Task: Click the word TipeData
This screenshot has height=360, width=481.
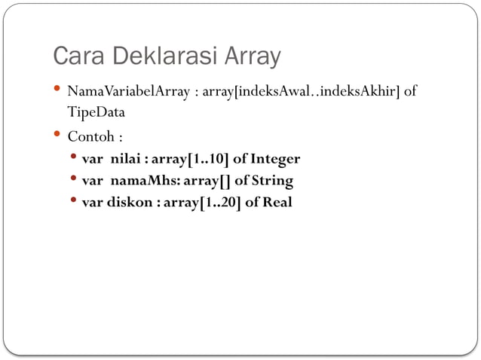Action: (96, 112)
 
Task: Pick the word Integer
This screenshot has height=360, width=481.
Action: (275, 160)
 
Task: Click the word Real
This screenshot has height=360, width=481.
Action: (277, 203)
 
